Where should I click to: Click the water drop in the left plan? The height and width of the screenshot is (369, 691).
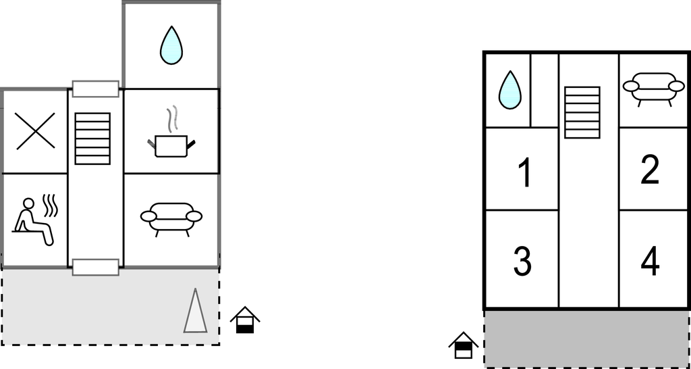click(x=171, y=45)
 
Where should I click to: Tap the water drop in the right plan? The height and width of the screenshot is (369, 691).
click(x=510, y=90)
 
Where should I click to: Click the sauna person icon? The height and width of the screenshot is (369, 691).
click(x=32, y=222)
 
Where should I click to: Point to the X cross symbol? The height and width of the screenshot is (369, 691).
click(x=35, y=131)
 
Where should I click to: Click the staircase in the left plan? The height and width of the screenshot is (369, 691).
click(x=92, y=139)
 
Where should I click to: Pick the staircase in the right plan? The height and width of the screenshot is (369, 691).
click(x=582, y=112)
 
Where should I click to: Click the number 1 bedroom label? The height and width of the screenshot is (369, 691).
click(x=524, y=174)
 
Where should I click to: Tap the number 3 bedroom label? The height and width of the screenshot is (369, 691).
click(x=523, y=262)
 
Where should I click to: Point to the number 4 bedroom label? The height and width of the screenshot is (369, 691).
click(x=650, y=262)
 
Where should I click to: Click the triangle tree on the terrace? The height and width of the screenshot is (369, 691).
click(x=195, y=310)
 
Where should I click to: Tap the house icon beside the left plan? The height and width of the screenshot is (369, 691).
click(x=245, y=320)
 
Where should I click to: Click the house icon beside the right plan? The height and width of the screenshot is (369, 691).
click(x=463, y=345)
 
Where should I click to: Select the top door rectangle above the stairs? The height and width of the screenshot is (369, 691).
click(x=96, y=89)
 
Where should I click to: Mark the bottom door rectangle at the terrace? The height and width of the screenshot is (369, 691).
click(x=96, y=268)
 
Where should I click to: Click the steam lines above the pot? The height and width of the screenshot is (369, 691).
click(x=172, y=119)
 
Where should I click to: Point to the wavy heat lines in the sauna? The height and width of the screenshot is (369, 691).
click(x=50, y=205)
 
